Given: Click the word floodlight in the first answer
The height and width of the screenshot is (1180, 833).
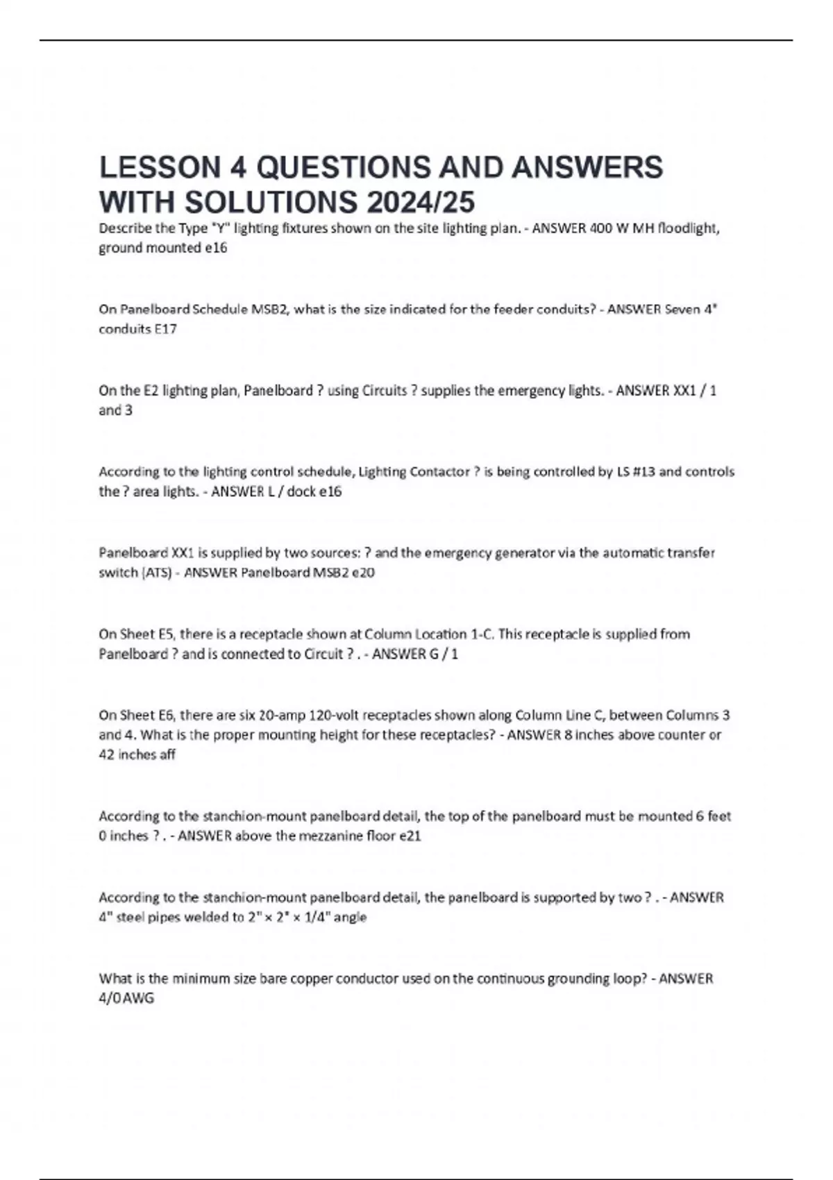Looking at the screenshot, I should (x=688, y=228).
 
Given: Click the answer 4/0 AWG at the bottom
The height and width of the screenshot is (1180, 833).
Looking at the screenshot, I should (x=127, y=998).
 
